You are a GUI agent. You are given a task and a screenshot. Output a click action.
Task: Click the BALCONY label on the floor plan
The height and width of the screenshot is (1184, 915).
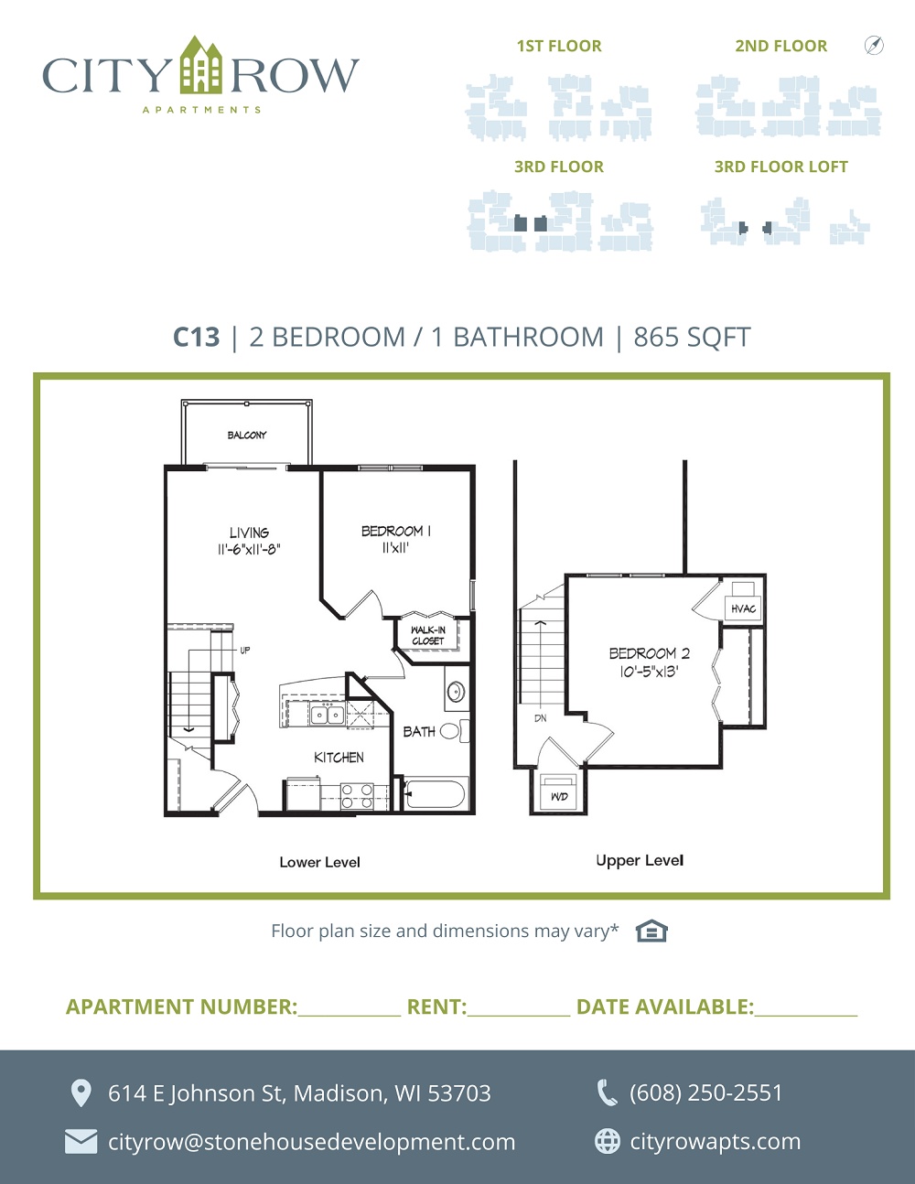coord(247,435)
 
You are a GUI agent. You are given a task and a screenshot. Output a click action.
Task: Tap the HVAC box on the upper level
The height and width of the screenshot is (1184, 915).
coord(743,608)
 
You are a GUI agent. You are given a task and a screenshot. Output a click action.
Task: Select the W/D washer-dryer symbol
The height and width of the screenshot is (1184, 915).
coord(559,791)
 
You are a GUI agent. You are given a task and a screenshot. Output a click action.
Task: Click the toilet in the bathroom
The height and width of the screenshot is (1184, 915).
coord(454,731)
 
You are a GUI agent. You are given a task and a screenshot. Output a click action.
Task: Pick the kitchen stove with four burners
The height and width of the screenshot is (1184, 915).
coord(357,796)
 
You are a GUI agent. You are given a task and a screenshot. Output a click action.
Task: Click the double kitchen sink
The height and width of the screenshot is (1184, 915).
coord(327,714)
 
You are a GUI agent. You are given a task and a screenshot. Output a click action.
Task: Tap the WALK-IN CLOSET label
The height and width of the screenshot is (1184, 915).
coord(428,635)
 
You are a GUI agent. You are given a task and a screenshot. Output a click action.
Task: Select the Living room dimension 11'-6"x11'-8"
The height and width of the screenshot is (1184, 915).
coord(249,549)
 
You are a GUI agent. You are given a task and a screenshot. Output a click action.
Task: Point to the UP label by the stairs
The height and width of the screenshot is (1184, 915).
coord(245,650)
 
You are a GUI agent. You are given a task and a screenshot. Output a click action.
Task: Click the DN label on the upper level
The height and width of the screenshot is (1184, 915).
coord(540,718)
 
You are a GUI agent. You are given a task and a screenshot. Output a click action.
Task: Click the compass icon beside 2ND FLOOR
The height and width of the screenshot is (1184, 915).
coord(874,45)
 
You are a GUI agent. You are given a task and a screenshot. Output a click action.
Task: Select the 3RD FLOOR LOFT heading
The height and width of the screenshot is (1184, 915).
coord(781,167)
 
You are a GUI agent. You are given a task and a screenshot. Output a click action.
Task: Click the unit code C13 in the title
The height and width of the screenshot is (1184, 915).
coord(196,337)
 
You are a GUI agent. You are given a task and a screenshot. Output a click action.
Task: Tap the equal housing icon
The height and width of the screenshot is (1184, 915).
coord(651,931)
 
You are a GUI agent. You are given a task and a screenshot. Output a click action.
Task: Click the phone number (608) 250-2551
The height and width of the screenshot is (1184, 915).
coord(705,1093)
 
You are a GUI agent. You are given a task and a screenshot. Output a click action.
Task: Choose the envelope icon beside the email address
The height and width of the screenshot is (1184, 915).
coord(81,1142)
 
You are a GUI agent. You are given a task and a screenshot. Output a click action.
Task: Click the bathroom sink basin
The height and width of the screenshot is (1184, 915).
coord(456,692)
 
